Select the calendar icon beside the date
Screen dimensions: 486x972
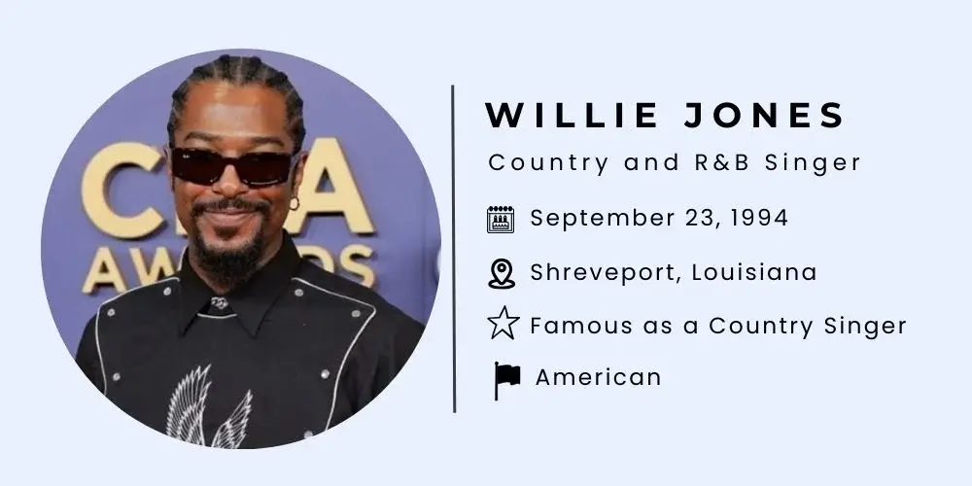tap(501, 220)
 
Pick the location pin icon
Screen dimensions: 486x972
tap(501, 274)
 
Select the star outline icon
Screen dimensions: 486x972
tap(502, 326)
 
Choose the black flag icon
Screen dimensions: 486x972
tap(506, 380)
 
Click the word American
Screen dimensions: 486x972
tap(598, 377)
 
